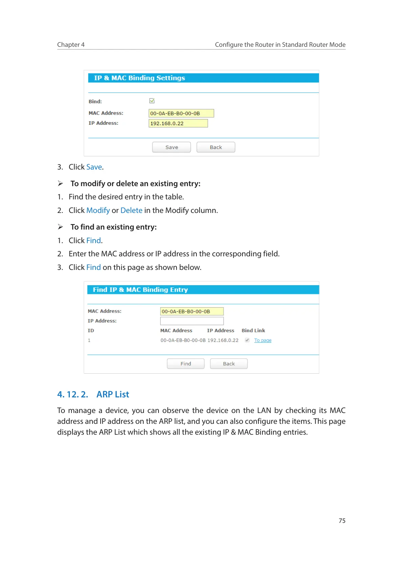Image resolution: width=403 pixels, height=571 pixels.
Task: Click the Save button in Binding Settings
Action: [x=171, y=147]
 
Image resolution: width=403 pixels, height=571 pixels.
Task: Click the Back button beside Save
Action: [x=216, y=147]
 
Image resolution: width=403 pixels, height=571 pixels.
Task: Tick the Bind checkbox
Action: [x=152, y=101]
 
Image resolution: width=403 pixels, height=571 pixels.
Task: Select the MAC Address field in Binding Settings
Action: [x=181, y=113]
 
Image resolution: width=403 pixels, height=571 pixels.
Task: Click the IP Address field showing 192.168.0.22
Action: [x=178, y=123]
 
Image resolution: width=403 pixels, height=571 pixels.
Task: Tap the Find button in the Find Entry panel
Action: [x=186, y=363]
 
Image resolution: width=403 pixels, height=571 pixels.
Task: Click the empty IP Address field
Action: [x=192, y=321]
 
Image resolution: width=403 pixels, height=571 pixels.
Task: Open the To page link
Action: [x=263, y=340]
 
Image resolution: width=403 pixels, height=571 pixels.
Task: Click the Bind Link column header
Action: [x=253, y=330]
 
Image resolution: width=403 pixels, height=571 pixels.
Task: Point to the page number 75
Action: [x=342, y=520]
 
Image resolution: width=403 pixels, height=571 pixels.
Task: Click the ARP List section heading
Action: [x=113, y=394]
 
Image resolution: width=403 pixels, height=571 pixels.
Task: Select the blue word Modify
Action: [x=98, y=210]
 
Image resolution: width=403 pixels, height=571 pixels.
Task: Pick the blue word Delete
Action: [x=131, y=210]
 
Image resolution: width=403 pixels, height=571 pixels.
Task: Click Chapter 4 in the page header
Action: [x=71, y=44]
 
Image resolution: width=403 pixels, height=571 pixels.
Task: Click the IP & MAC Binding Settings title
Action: [x=140, y=78]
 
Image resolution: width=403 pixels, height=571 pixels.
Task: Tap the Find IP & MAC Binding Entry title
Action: [x=140, y=290]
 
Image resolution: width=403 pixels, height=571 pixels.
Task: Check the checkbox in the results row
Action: [x=247, y=340]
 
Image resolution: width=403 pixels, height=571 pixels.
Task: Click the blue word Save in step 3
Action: [x=94, y=167]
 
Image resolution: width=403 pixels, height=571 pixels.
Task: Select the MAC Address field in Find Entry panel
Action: [x=192, y=311]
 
